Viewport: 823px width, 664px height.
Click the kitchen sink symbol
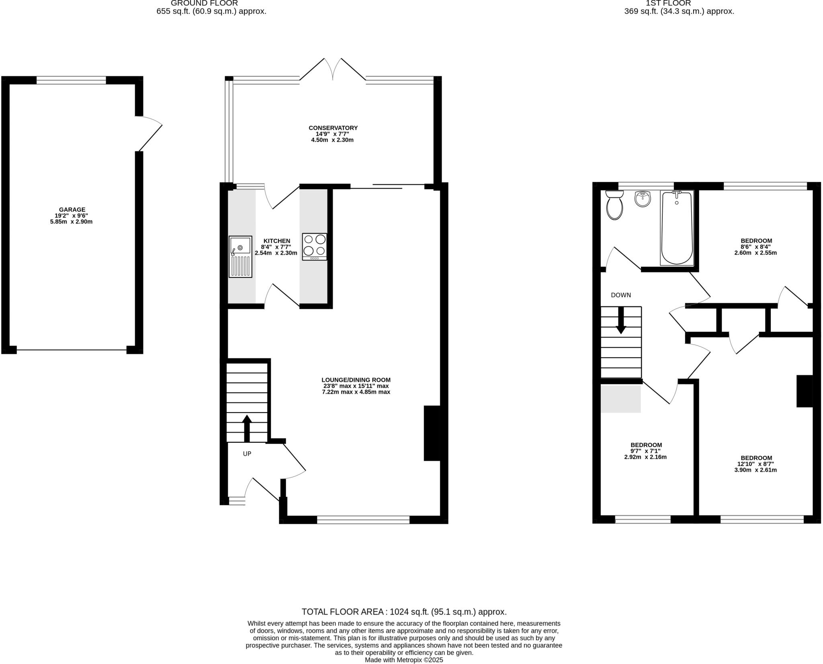(x=240, y=257)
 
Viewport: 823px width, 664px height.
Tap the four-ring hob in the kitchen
(x=315, y=247)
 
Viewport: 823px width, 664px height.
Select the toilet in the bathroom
(x=614, y=205)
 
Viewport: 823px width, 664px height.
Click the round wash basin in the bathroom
(x=643, y=199)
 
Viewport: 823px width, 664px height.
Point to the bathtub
(x=677, y=228)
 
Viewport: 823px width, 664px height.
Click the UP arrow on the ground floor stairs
(x=247, y=428)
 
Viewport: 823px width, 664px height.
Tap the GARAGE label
(x=72, y=209)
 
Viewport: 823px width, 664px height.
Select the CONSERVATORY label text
(x=333, y=128)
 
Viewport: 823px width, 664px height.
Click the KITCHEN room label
(x=277, y=241)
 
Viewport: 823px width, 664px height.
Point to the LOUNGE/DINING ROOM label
(x=356, y=380)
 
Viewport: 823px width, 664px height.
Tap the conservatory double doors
(x=333, y=69)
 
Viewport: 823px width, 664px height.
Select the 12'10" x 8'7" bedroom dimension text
(x=756, y=464)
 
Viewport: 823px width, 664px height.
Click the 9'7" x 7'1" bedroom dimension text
(x=646, y=451)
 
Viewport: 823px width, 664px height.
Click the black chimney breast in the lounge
(x=432, y=433)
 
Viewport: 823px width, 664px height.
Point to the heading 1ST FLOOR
(x=679, y=3)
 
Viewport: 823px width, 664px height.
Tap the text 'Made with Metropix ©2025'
(x=404, y=660)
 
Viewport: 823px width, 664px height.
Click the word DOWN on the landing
(x=621, y=295)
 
